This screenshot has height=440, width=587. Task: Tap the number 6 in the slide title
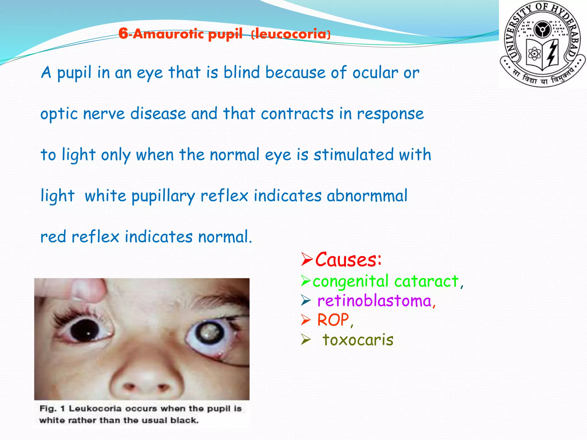tap(123, 34)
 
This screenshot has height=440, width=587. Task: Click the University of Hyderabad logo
tap(543, 44)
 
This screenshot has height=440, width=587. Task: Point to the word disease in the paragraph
tap(158, 113)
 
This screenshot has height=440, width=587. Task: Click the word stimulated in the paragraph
tap(354, 155)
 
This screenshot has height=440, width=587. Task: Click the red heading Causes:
tap(348, 260)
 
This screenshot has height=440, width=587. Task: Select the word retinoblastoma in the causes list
tap(374, 301)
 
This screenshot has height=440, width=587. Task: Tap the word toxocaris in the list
tap(358, 340)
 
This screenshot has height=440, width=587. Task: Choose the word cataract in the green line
tap(426, 281)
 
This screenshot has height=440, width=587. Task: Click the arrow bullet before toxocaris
tap(306, 340)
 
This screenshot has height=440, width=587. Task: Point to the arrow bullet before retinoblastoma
tap(306, 301)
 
